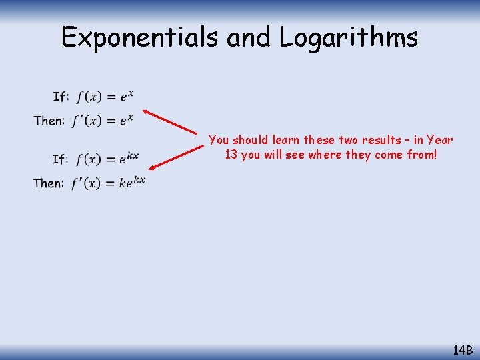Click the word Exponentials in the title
(141, 37)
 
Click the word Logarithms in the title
(349, 37)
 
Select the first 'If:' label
(61, 97)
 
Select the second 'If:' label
(60, 159)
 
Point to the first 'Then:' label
(49, 121)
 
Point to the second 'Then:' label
(49, 183)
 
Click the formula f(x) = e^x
(105, 97)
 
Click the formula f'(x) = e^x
(103, 120)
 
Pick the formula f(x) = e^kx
(107, 159)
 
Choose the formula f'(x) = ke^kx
(108, 182)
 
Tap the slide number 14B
(462, 349)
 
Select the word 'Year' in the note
(440, 140)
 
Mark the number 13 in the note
(231, 155)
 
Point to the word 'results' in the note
(379, 140)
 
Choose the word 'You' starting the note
(218, 140)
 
